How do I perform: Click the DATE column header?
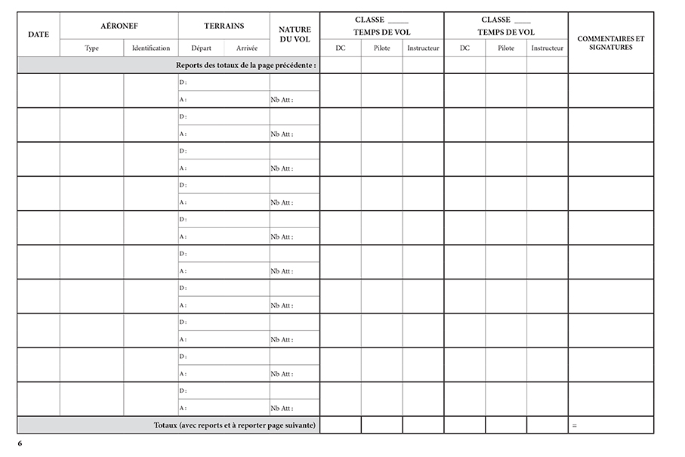pyautogui.click(x=39, y=34)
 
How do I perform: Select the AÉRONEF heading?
pyautogui.click(x=119, y=26)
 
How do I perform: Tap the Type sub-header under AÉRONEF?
pyautogui.click(x=92, y=48)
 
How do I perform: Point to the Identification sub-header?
pyautogui.click(x=151, y=48)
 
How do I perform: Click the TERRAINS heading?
pyautogui.click(x=224, y=26)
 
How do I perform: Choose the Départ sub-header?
pyautogui.click(x=201, y=48)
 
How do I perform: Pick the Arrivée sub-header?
pyautogui.click(x=247, y=48)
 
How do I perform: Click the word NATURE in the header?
pyautogui.click(x=295, y=29)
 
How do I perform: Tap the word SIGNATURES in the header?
pyautogui.click(x=610, y=47)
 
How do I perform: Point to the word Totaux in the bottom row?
pyautogui.click(x=165, y=425)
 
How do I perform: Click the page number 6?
pyautogui.click(x=20, y=443)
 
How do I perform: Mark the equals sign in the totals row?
pyautogui.click(x=575, y=426)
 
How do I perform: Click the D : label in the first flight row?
pyautogui.click(x=183, y=82)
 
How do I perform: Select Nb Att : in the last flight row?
pyautogui.click(x=281, y=408)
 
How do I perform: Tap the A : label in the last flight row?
pyautogui.click(x=183, y=408)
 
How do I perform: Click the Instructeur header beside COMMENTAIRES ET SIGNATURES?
pyautogui.click(x=547, y=48)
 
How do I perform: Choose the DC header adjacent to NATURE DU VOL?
pyautogui.click(x=341, y=48)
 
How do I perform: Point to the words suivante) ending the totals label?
pyautogui.click(x=298, y=425)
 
